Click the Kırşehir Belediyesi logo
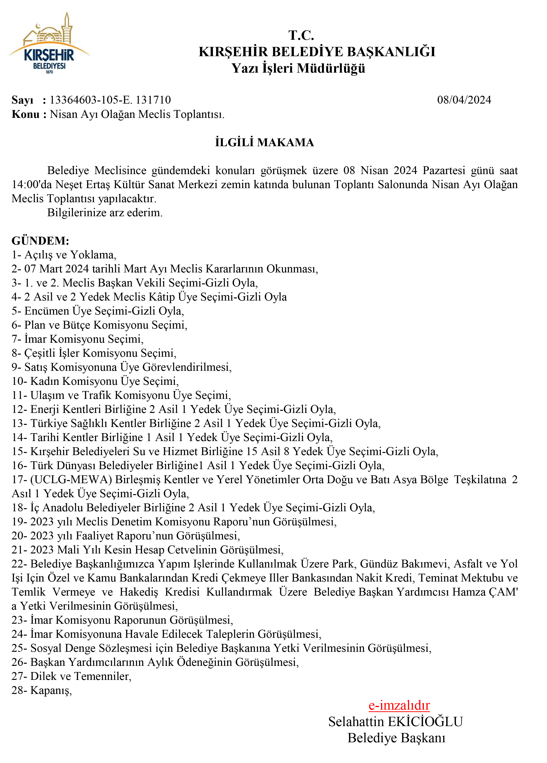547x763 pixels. click(x=49, y=44)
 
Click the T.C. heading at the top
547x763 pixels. click(x=301, y=35)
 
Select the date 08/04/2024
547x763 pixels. click(x=464, y=100)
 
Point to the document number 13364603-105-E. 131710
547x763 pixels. click(x=110, y=100)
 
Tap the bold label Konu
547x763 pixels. click(x=25, y=114)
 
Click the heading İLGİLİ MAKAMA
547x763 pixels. click(x=264, y=142)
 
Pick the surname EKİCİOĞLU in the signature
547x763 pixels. click(x=426, y=722)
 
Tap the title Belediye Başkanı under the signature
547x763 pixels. click(x=396, y=738)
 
